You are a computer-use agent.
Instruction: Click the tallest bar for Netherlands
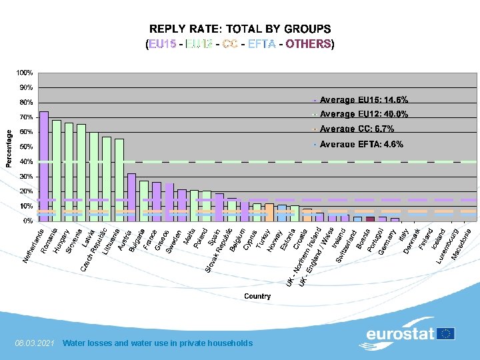click(x=44, y=165)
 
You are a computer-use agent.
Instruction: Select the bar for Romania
click(x=57, y=170)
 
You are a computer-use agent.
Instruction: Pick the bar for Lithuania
click(x=119, y=179)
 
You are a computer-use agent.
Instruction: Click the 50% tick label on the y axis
click(x=26, y=147)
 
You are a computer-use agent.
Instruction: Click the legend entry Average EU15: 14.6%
click(x=364, y=99)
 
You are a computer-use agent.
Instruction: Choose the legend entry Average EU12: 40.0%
click(x=364, y=114)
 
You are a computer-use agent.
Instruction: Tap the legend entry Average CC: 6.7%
click(x=357, y=129)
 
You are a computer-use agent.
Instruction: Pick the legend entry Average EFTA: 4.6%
click(x=361, y=144)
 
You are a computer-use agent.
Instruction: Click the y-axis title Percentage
click(x=9, y=147)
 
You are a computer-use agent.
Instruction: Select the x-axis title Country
click(x=257, y=296)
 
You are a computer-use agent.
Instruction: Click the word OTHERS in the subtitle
click(x=309, y=44)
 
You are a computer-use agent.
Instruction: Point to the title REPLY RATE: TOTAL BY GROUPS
click(x=240, y=29)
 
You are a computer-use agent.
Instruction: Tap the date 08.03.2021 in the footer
click(x=34, y=343)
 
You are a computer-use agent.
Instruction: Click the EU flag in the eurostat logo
click(x=446, y=333)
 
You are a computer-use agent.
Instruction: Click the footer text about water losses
click(x=157, y=343)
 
